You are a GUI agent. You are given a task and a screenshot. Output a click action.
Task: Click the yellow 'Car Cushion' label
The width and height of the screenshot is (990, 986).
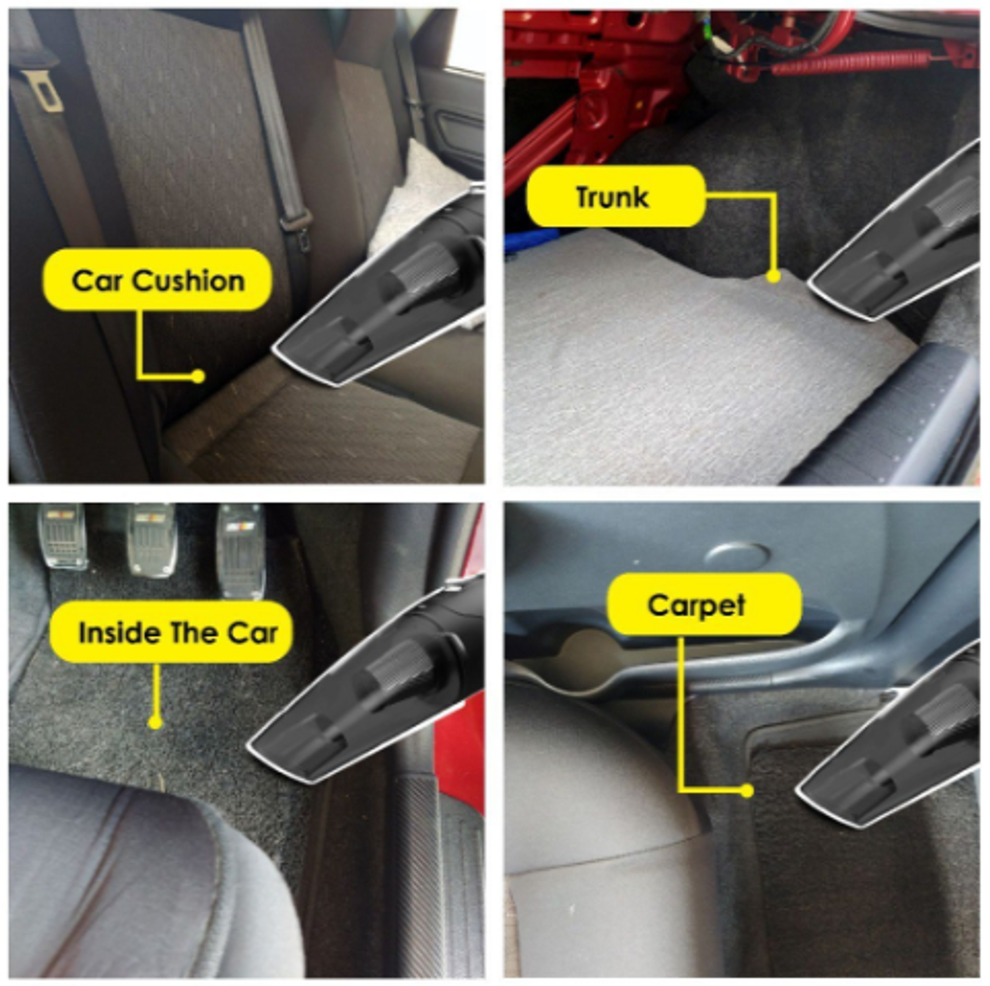pos(158,279)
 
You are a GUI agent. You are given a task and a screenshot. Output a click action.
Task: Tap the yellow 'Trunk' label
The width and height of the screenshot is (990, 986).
pos(616,196)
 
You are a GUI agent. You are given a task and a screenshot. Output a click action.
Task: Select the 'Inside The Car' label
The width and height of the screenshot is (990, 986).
pos(171,632)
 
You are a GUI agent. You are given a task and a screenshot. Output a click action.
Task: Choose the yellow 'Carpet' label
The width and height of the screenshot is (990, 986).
pos(704,605)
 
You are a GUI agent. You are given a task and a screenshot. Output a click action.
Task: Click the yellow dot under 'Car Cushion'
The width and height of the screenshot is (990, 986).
pos(198,376)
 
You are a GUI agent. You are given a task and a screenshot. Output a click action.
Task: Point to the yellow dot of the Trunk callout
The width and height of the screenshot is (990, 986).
pos(772,275)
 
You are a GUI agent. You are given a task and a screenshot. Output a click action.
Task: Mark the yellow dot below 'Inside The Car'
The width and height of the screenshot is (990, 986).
pos(156,722)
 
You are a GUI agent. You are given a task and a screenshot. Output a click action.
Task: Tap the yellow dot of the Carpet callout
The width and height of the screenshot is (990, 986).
pos(747,791)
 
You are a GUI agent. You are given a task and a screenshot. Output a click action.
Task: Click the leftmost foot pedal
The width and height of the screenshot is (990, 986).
pos(61,536)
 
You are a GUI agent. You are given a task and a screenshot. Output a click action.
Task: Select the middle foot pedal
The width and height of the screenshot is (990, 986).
pos(152,540)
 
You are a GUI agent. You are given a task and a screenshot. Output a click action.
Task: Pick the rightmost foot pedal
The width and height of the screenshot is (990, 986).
pos(241,550)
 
